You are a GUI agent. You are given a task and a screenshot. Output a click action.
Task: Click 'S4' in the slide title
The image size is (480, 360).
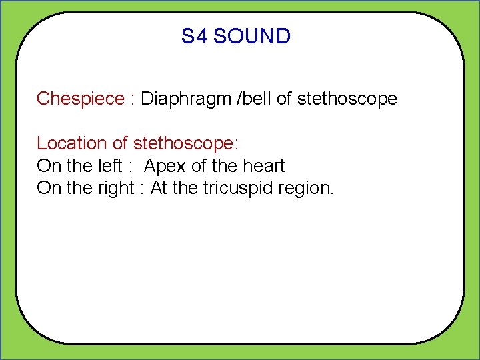tap(195, 36)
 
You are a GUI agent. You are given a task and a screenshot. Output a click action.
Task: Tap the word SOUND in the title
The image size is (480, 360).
tap(252, 36)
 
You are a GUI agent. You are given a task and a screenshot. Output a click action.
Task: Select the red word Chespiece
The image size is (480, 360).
tap(80, 99)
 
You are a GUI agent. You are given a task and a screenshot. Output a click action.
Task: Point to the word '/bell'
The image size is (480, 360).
tap(252, 99)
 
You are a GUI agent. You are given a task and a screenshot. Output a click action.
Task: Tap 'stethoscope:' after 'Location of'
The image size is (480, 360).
tap(186, 143)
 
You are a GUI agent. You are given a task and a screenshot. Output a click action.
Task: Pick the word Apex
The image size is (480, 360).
tap(165, 166)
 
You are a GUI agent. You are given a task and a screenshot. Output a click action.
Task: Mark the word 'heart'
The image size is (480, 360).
tap(265, 166)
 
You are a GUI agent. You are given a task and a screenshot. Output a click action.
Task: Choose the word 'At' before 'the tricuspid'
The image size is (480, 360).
tap(159, 189)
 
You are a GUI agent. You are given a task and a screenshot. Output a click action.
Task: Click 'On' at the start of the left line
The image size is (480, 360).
tap(48, 166)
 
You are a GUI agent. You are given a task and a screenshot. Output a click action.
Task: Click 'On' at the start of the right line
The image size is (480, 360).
tap(48, 189)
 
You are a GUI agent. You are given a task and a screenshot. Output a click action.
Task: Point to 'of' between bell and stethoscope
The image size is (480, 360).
tap(283, 99)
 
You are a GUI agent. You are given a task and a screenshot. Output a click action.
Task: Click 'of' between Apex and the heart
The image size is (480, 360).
tap(199, 166)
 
